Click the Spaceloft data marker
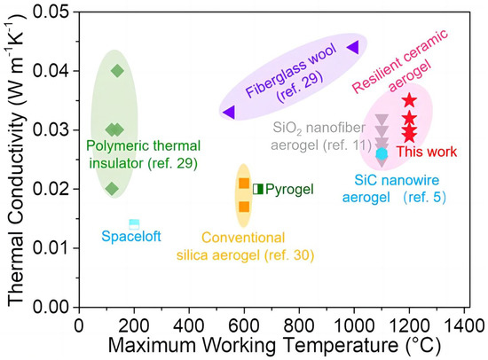134,223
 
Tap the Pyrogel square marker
257,189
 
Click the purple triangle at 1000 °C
352,47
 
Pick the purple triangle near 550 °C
229,112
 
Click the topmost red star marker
409,100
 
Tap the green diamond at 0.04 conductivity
117,71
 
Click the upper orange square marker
244,183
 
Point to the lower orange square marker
244,207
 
